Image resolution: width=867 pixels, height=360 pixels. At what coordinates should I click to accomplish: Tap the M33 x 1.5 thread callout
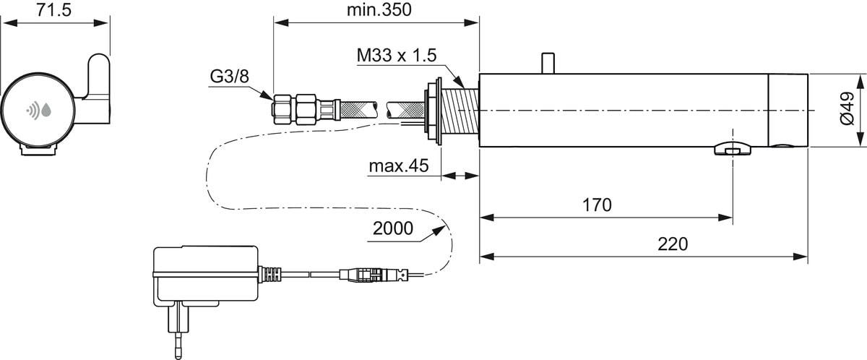[x=397, y=56]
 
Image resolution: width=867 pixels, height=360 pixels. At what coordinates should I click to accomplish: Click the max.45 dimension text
[x=399, y=166]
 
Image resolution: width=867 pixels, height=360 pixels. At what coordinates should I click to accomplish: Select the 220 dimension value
[x=673, y=244]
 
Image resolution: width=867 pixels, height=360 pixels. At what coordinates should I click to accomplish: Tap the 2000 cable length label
[x=393, y=230]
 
